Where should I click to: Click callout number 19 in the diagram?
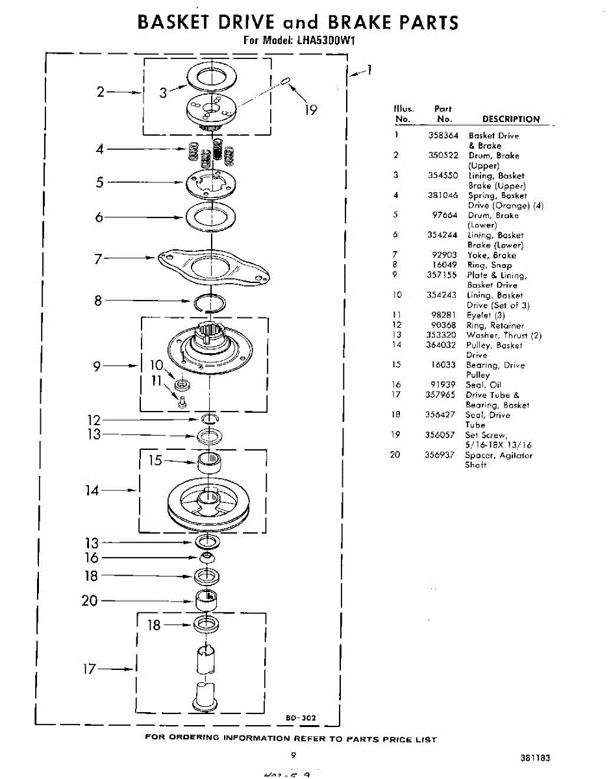311,110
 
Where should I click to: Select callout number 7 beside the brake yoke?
98,259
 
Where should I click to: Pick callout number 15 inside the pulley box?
155,460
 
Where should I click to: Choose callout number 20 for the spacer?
90,600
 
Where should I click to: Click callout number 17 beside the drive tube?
89,668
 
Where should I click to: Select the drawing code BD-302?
301,717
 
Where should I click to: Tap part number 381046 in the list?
442,195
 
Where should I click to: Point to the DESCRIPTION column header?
510,119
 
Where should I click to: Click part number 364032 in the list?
442,345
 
